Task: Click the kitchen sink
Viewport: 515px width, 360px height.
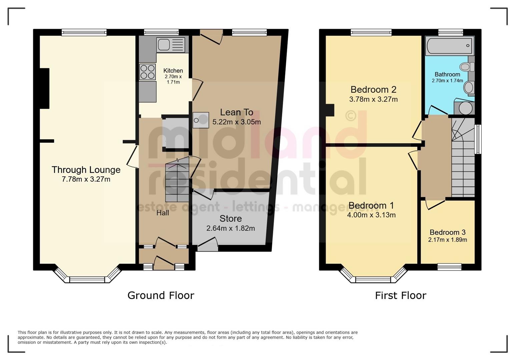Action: pos(171,44)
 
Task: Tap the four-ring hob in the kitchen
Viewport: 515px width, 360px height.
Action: pos(147,72)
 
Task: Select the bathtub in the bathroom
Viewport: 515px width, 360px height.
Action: pos(449,46)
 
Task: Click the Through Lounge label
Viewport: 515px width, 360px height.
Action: pos(86,170)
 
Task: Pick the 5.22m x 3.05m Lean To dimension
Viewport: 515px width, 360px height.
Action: pos(236,122)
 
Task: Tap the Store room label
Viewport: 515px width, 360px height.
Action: pos(230,219)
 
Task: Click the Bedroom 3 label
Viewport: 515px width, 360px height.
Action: pos(447,232)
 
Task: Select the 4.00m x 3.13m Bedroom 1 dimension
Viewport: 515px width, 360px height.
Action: pos(371,215)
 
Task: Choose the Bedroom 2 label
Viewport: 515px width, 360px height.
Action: pos(373,89)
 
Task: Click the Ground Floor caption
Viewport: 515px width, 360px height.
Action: pos(160,295)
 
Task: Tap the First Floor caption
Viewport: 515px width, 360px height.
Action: pos(400,295)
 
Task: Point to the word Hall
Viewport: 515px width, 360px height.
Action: pos(163,213)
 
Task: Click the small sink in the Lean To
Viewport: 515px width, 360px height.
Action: pos(200,120)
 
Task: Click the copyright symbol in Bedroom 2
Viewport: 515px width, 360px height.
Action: pos(350,116)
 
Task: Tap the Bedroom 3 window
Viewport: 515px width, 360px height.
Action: pos(449,266)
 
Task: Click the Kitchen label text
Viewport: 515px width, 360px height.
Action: pos(173,71)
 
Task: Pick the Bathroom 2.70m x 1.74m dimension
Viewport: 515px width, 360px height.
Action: pos(447,81)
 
